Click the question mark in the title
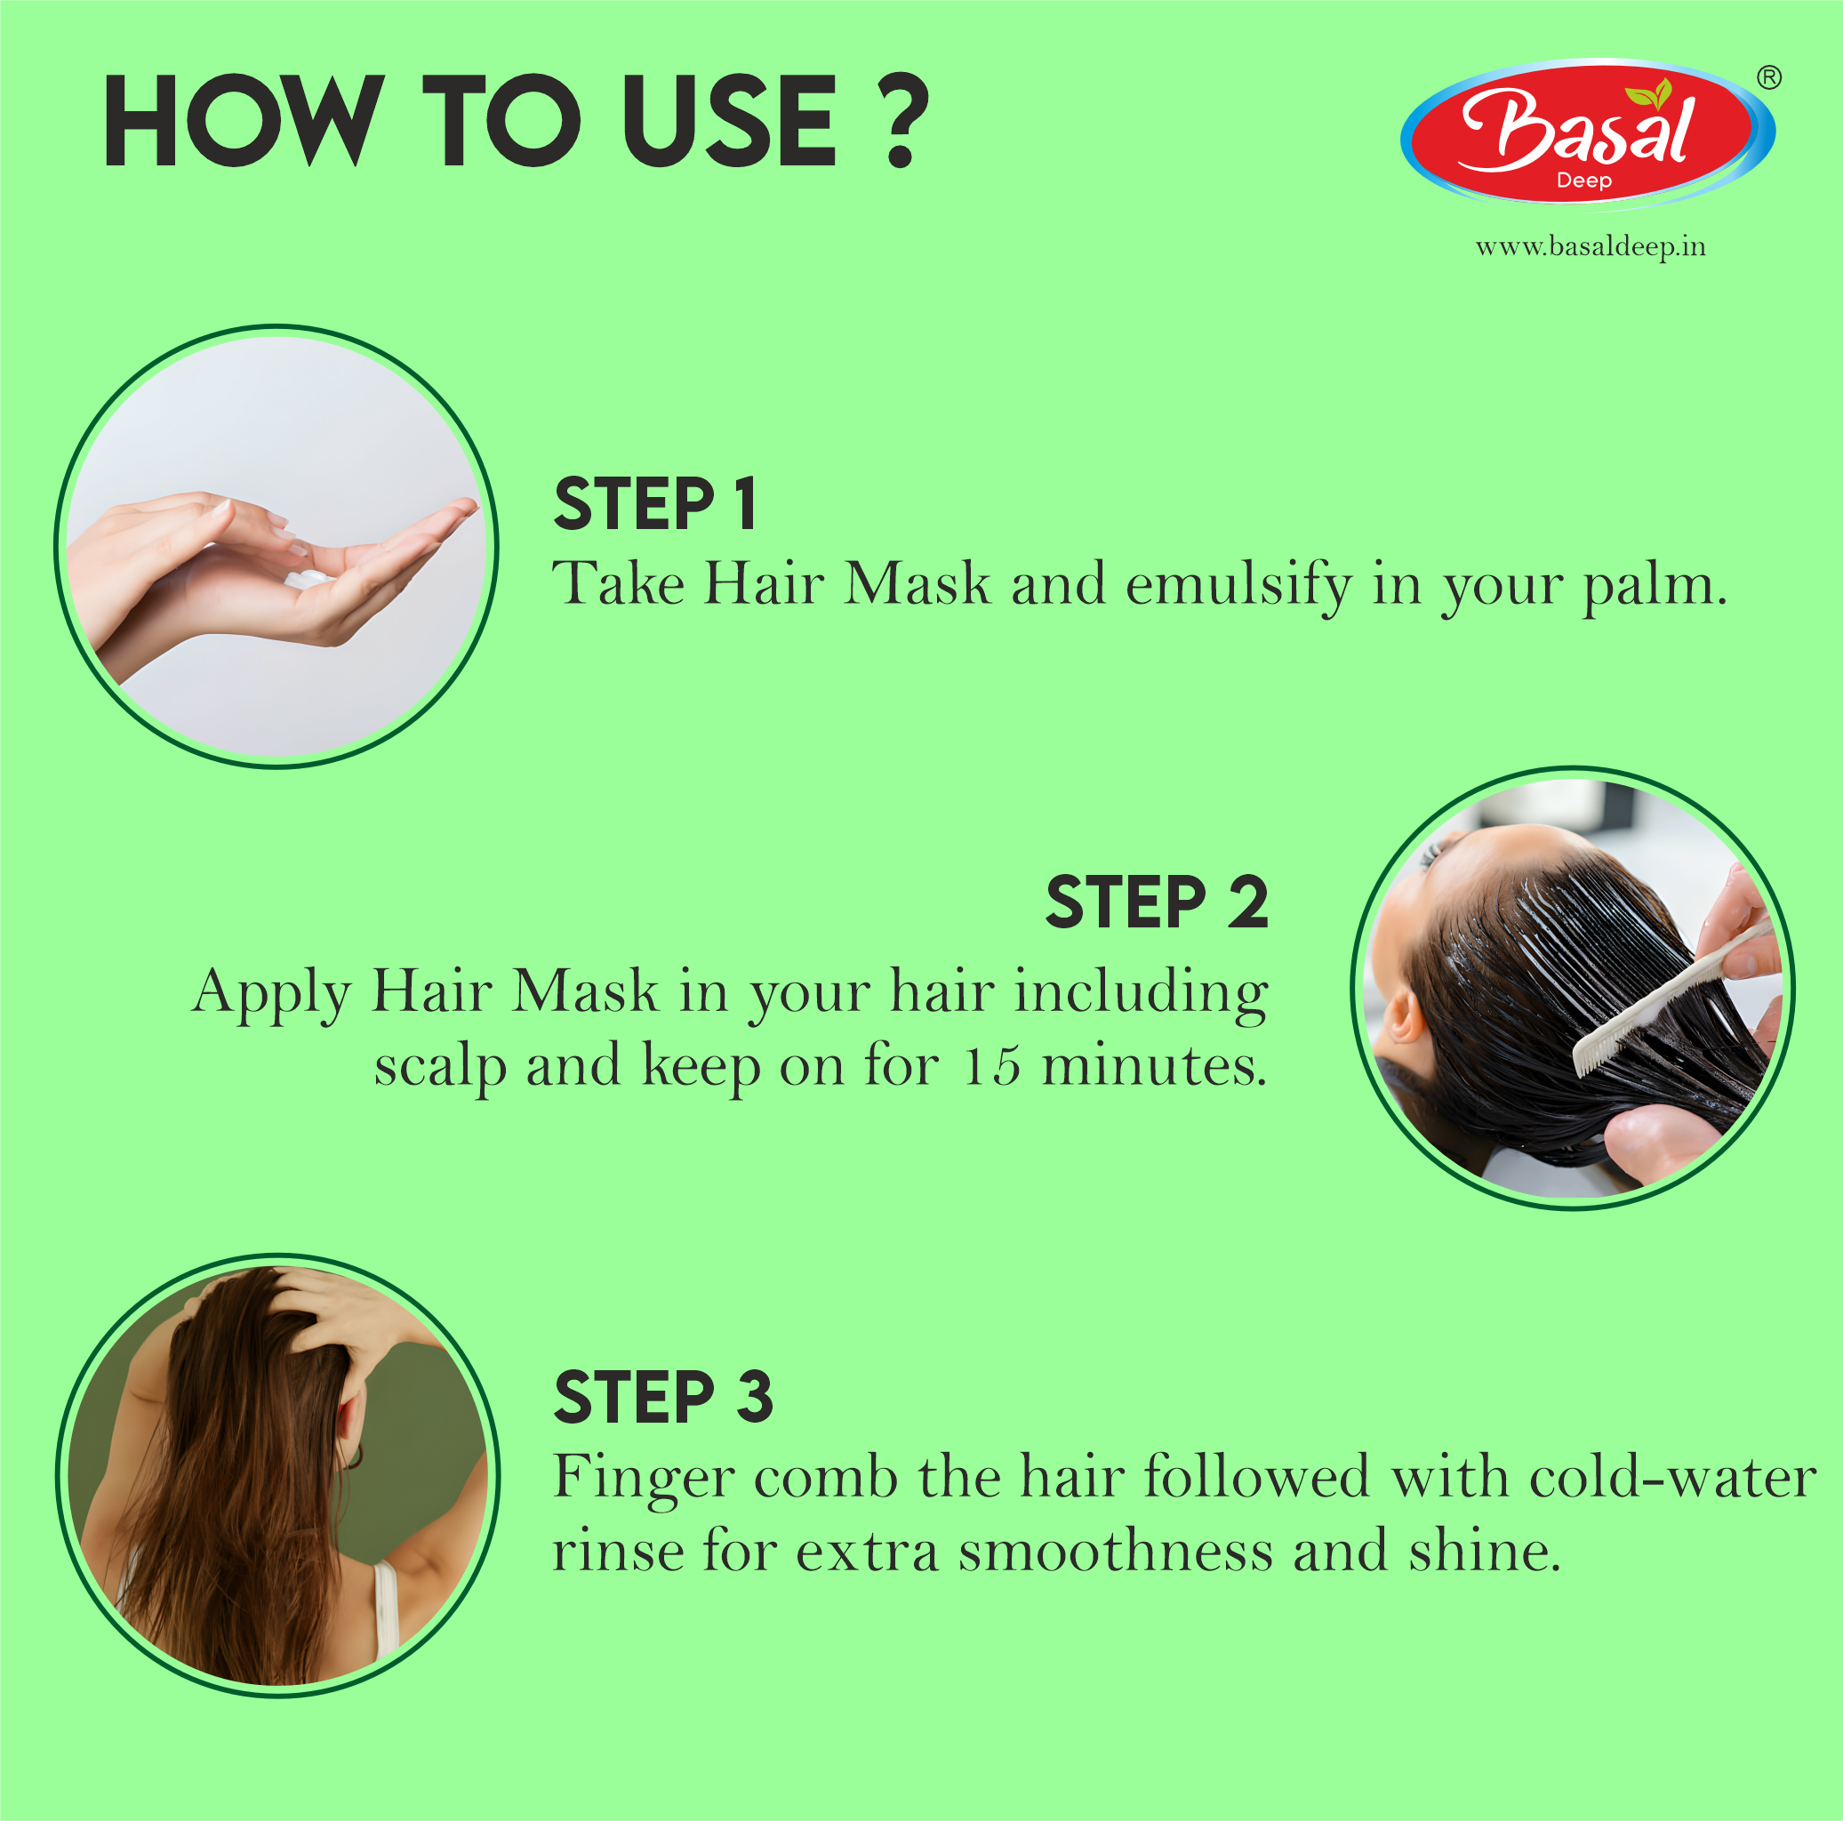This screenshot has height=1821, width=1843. click(x=904, y=121)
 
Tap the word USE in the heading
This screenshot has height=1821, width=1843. click(x=729, y=121)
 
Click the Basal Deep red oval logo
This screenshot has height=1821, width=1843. click(x=1586, y=133)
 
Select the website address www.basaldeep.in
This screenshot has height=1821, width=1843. click(x=1591, y=247)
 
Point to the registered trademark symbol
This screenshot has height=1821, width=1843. click(x=1768, y=77)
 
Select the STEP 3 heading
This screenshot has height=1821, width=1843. click(x=663, y=1398)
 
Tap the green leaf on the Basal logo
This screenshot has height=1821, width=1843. click(x=1650, y=93)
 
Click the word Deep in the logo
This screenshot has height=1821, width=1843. click(x=1583, y=180)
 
